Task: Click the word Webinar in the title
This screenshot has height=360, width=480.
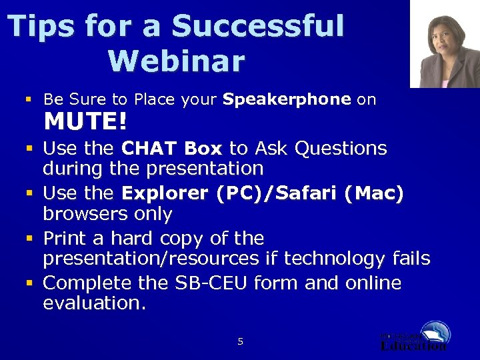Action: point(176,61)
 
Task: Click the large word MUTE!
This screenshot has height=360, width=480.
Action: point(85,123)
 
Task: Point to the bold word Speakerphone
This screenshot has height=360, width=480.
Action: point(287,99)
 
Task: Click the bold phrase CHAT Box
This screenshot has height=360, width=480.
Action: point(173,148)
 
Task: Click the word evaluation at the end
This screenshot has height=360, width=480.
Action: point(93,303)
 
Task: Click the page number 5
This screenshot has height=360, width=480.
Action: point(241,342)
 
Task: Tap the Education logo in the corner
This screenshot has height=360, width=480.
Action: point(415,337)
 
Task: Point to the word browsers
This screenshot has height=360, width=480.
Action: point(107,214)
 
